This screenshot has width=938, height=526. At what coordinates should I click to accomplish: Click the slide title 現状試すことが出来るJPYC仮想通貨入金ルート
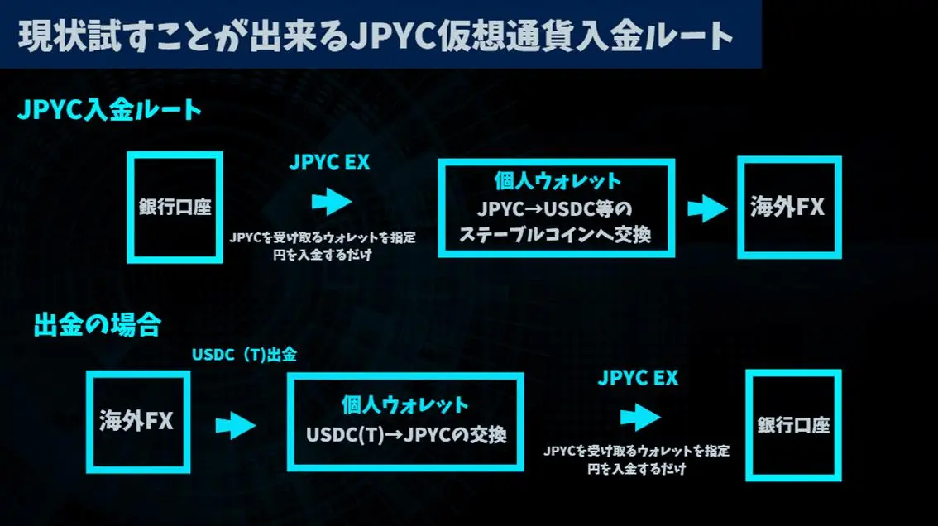click(x=376, y=36)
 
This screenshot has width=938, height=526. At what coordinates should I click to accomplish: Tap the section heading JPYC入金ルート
click(x=109, y=109)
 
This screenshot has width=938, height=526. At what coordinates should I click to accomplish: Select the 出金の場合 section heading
click(x=98, y=324)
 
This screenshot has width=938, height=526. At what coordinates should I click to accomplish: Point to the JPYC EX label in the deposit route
click(x=329, y=161)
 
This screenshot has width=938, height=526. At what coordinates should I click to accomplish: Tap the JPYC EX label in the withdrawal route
click(x=638, y=378)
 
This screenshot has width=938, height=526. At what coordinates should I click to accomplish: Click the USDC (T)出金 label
click(x=244, y=355)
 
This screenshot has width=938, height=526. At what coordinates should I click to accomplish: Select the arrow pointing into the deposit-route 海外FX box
click(x=708, y=208)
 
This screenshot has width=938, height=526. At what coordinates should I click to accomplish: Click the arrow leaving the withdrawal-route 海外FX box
click(x=236, y=425)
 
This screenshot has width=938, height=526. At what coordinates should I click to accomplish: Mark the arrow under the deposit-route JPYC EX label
click(x=332, y=201)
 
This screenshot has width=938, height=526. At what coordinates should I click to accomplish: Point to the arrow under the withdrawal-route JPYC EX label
click(x=640, y=417)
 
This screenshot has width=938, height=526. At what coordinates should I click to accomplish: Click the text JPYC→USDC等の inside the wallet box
click(x=554, y=209)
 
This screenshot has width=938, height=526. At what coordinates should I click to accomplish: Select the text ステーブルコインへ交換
click(x=554, y=234)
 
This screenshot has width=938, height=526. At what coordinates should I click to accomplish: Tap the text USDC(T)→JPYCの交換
click(x=406, y=434)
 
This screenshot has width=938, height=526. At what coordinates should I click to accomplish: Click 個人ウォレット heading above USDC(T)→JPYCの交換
click(x=405, y=405)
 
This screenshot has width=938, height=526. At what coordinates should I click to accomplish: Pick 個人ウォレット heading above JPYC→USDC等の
click(x=558, y=181)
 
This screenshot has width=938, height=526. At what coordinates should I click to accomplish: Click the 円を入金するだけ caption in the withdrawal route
click(x=637, y=469)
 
